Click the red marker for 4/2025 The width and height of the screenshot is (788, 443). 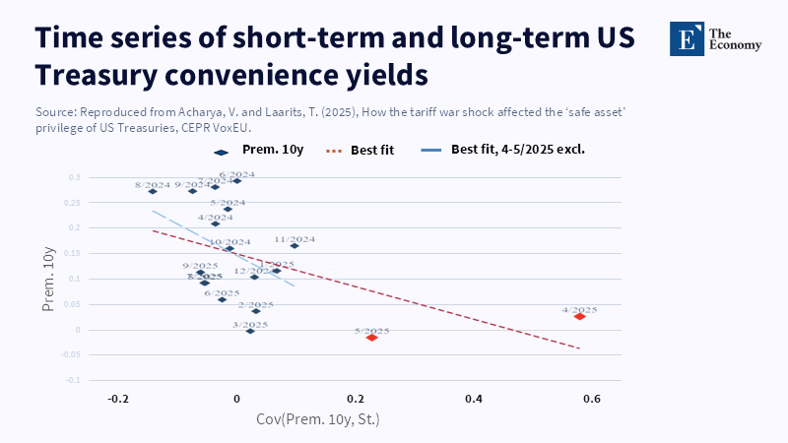pyautogui.click(x=580, y=316)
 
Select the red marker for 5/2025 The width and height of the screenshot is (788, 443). pyautogui.click(x=371, y=338)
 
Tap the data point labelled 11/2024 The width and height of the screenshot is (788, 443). pyautogui.click(x=294, y=245)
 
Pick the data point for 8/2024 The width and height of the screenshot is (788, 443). pyautogui.click(x=153, y=191)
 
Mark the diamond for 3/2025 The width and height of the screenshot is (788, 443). pyautogui.click(x=250, y=331)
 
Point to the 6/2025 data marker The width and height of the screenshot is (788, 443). pyautogui.click(x=222, y=299)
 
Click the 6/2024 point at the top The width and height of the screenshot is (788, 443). pyautogui.click(x=236, y=181)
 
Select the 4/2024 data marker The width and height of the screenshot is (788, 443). pyautogui.click(x=215, y=223)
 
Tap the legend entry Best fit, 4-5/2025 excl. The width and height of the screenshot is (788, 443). pyautogui.click(x=510, y=151)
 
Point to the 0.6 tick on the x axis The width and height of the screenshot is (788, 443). pyautogui.click(x=592, y=399)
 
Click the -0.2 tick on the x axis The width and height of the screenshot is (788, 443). pyautogui.click(x=118, y=399)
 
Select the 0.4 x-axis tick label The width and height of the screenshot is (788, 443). pyautogui.click(x=474, y=399)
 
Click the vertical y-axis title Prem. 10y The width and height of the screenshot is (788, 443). pyautogui.click(x=48, y=281)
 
